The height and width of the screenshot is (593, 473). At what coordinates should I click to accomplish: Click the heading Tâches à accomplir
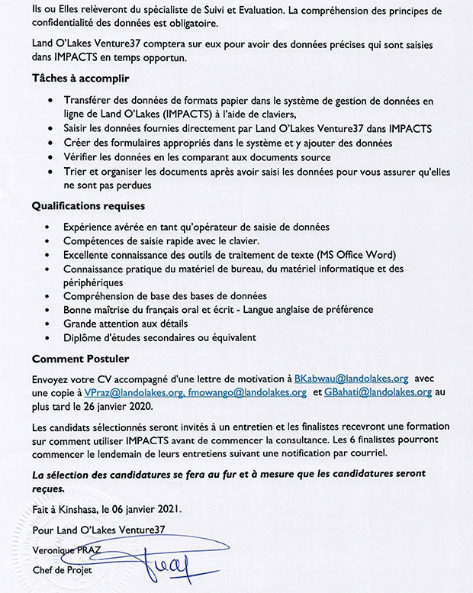(x=80, y=79)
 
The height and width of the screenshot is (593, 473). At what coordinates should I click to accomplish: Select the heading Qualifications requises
(x=88, y=206)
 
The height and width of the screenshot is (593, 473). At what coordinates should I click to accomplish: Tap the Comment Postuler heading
(x=81, y=358)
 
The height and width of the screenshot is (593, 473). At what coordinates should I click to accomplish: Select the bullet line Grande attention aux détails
(x=129, y=324)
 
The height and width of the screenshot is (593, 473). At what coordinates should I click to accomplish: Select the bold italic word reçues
(x=49, y=488)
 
